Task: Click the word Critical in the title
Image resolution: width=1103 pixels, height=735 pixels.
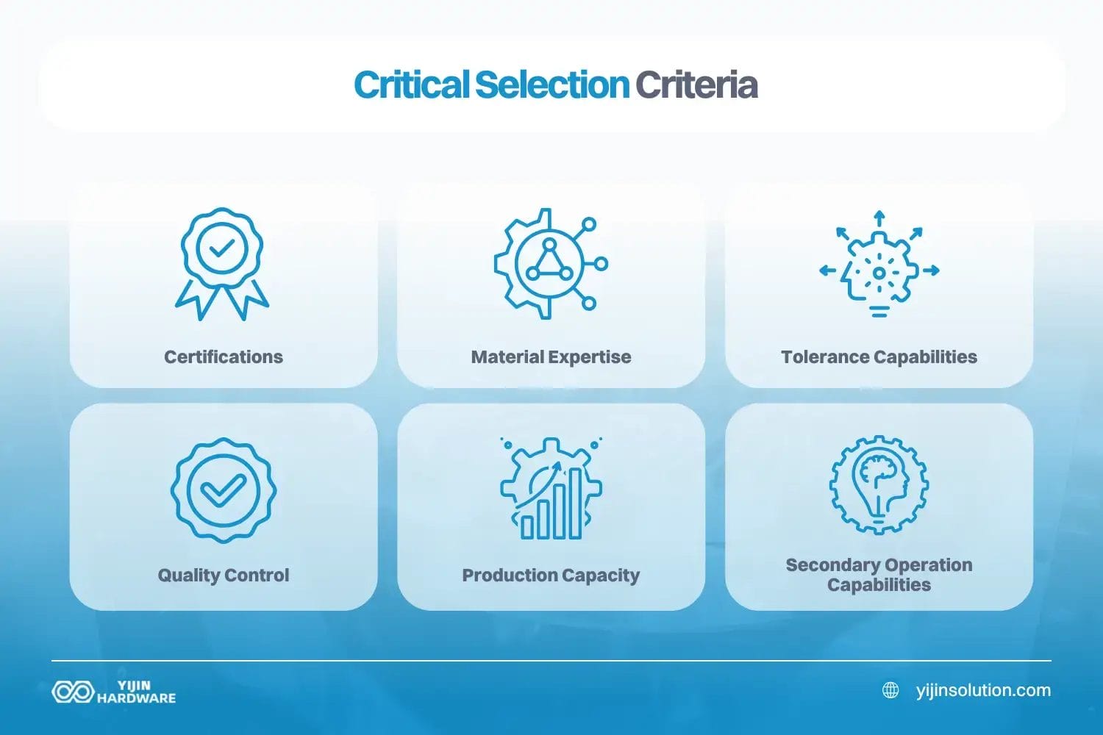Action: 410,85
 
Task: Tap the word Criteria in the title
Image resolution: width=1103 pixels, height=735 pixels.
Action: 696,85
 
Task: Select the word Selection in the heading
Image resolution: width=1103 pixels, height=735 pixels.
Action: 551,85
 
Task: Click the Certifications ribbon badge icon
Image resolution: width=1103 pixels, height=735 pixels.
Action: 222,263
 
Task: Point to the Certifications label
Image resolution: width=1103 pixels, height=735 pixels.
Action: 224,357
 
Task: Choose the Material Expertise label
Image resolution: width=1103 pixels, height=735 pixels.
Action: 551,357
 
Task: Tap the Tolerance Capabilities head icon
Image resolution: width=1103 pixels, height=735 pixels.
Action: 879,270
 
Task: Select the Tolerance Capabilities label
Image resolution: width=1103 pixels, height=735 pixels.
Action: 879,357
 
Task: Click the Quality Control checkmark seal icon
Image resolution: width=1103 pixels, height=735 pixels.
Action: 224,490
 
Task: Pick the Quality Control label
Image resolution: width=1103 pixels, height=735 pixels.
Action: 224,576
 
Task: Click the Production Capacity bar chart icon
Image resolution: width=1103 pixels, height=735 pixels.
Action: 551,490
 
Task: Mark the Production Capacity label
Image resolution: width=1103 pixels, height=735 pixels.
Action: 551,576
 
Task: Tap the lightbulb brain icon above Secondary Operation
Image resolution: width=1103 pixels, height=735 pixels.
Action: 879,484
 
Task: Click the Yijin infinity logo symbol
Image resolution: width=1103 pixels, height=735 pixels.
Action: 73,692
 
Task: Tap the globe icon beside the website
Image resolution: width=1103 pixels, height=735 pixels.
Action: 890,691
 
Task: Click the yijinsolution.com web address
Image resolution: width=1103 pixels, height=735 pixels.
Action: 983,691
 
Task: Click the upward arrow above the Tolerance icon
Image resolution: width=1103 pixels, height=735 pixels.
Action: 879,219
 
